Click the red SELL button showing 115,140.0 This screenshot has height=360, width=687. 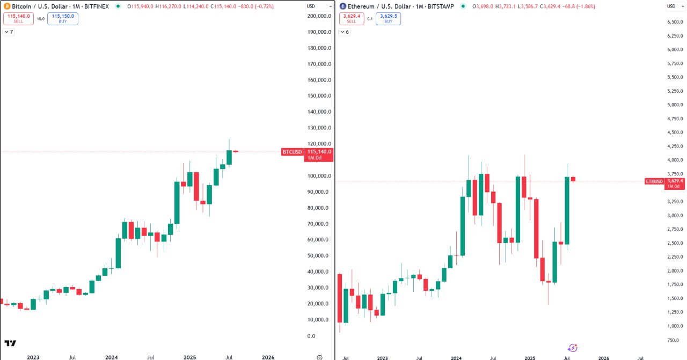pyautogui.click(x=18, y=18)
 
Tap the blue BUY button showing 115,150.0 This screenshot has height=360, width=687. pyautogui.click(x=62, y=18)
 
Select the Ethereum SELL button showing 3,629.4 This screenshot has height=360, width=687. pyautogui.click(x=352, y=18)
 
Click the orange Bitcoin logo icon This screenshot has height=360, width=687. pyautogui.click(x=7, y=6)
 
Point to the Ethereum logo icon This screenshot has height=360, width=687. pyautogui.click(x=343, y=6)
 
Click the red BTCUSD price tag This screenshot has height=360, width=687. pyautogui.click(x=293, y=152)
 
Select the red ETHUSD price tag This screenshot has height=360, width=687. pyautogui.click(x=655, y=181)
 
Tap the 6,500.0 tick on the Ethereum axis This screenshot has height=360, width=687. pyautogui.click(x=675, y=22)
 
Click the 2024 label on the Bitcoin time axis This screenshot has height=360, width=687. pyautogui.click(x=112, y=357)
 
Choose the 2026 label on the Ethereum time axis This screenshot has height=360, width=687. pyautogui.click(x=604, y=357)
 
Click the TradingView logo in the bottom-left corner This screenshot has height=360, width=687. pyautogui.click(x=10, y=343)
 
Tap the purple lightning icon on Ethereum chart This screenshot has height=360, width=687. pyautogui.click(x=573, y=348)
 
